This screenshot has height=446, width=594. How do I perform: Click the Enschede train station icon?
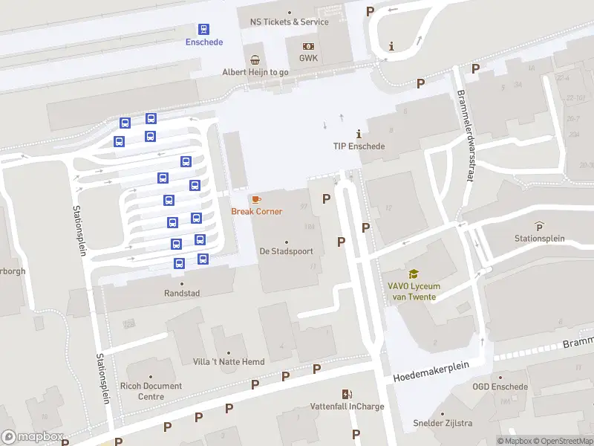pos(203,29)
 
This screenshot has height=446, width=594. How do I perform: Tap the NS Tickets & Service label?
pos(289,22)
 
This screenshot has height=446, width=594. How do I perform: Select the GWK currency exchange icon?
pos(308,46)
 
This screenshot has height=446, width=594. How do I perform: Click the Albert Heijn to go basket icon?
pos(255,59)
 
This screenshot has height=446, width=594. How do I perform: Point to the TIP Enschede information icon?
pos(359,135)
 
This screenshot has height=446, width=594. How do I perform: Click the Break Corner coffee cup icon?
pos(256,199)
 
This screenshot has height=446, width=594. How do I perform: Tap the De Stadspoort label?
pos(286,251)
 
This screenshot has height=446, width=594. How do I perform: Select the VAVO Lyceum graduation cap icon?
pos(413,274)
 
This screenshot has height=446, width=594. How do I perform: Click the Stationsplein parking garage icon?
pos(539,226)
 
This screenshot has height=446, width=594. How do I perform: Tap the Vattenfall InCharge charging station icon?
pos(346,394)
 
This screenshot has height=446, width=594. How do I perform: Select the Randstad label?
pos(182,293)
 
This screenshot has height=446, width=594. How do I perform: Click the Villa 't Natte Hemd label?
pos(228,362)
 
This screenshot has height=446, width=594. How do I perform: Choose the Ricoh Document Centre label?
pos(150,391)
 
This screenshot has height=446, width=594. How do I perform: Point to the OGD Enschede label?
pos(500,387)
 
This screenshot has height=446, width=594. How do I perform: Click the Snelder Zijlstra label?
pos(443,424)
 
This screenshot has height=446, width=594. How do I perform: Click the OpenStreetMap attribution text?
pos(561,441)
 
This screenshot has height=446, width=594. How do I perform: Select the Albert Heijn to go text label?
pos(255,72)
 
